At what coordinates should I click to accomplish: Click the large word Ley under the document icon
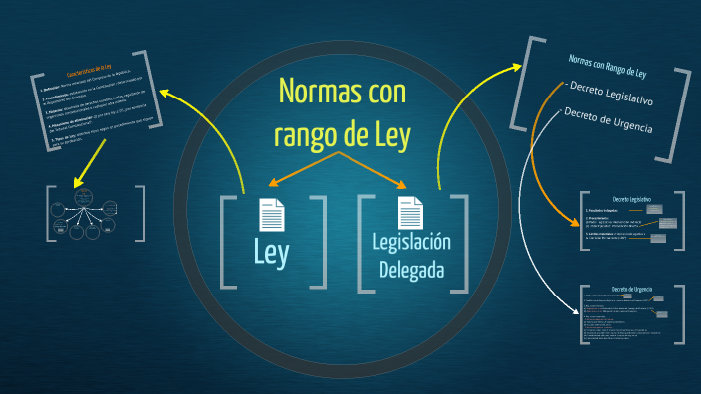(x=271, y=253)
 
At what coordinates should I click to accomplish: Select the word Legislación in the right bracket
(x=412, y=242)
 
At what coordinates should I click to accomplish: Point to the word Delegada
(x=412, y=270)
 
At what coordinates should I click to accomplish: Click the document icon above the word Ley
(x=271, y=215)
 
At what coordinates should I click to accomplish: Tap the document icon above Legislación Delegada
(x=410, y=213)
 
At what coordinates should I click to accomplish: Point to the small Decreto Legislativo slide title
(x=631, y=200)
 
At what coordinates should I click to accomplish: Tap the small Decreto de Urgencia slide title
(x=631, y=289)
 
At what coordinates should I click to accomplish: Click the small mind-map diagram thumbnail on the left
(x=96, y=212)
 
